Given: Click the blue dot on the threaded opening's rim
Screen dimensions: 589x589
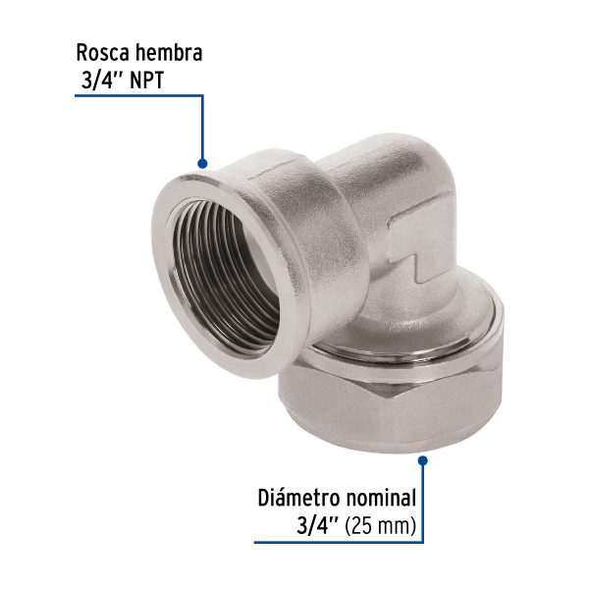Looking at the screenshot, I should pyautogui.click(x=203, y=162).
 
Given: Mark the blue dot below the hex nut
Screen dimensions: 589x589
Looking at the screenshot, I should pyautogui.click(x=423, y=457).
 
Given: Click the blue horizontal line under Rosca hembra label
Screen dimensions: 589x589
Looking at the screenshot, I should pyautogui.click(x=137, y=96).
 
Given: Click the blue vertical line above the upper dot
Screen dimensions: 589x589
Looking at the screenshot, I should pyautogui.click(x=203, y=128).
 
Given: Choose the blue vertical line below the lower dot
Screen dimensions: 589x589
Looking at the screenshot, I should pyautogui.click(x=423, y=501).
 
